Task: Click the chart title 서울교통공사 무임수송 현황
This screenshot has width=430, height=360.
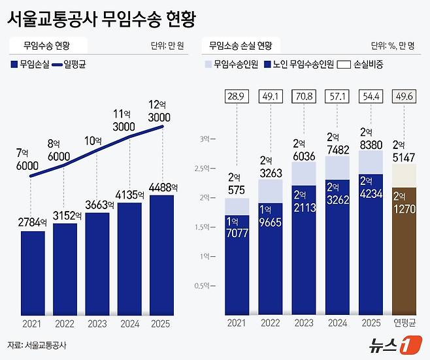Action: click(101, 19)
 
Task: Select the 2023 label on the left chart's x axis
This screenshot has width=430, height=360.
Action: click(97, 322)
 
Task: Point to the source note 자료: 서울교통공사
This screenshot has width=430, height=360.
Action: click(37, 344)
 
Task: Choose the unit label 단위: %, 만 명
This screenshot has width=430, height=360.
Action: click(397, 46)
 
